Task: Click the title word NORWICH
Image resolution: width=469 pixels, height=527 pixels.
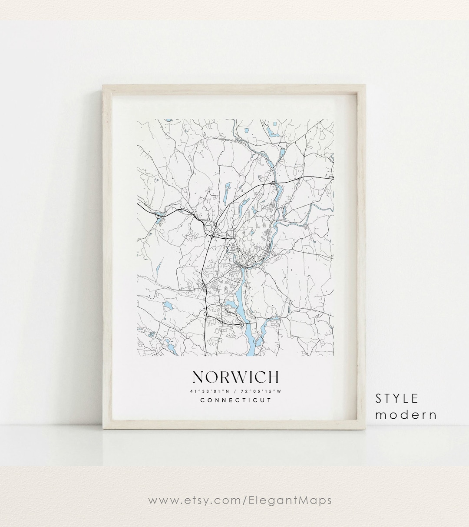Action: [x=235, y=377]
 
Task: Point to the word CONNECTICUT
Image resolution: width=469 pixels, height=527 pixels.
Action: [x=235, y=400]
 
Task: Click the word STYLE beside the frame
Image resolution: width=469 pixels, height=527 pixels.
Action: [x=397, y=398]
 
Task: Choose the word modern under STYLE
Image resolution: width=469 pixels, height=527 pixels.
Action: [x=406, y=414]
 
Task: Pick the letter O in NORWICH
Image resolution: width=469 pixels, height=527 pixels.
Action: [x=209, y=377]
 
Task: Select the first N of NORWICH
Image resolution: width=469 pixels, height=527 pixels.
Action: [x=197, y=377]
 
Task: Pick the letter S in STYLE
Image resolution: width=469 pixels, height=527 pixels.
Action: [x=379, y=398]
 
